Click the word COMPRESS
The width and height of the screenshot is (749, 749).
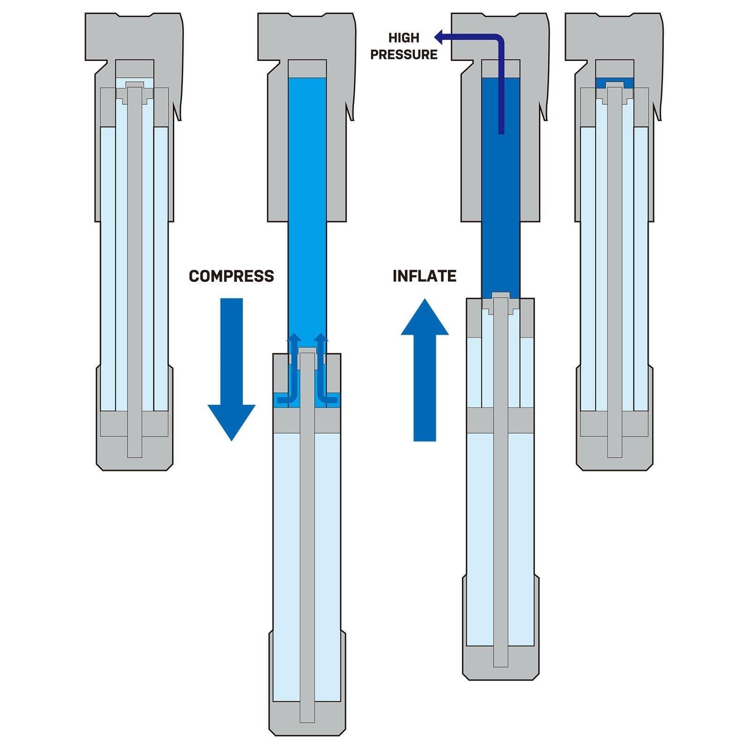tap(231, 276)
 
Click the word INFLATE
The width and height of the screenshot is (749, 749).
tap(424, 276)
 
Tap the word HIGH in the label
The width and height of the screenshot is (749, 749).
tap(404, 38)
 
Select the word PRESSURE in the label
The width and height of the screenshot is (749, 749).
tap(404, 55)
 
